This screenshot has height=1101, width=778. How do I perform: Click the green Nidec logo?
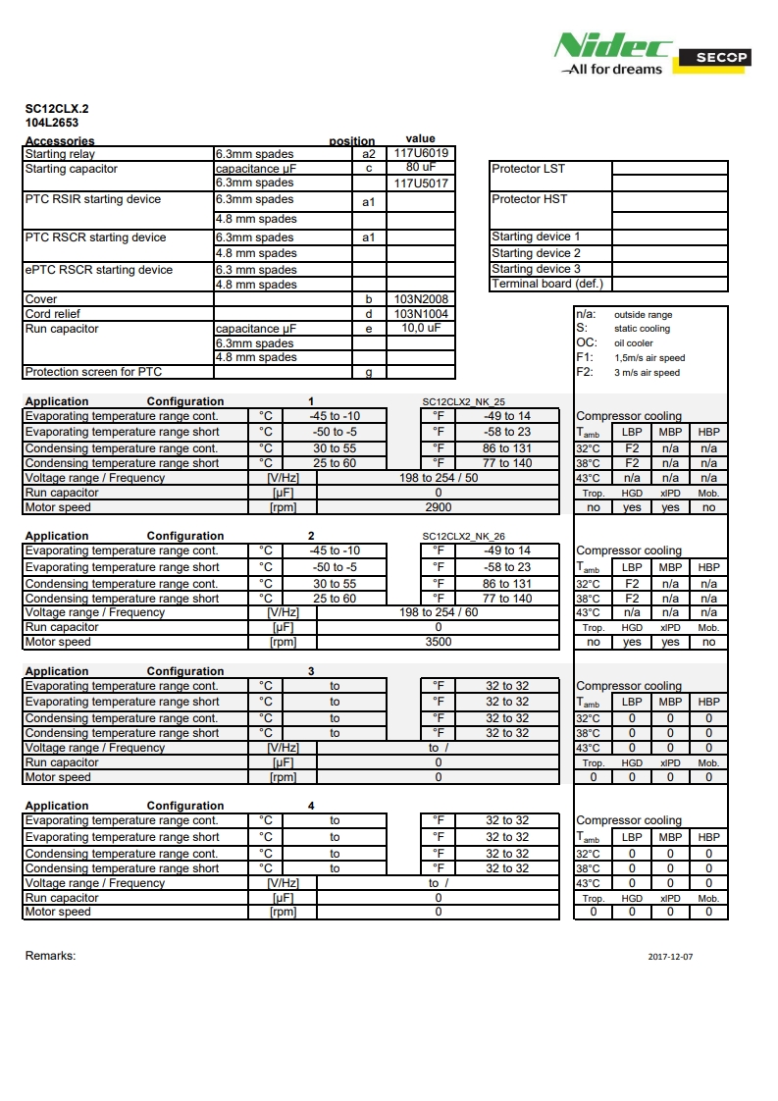(613, 46)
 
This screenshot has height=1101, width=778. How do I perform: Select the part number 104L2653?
(52, 123)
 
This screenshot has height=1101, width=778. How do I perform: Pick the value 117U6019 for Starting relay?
(421, 153)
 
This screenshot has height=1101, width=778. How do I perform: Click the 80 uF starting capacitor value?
(421, 168)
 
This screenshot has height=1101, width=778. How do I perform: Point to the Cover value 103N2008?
(421, 298)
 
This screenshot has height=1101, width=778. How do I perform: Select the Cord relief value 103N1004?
(421, 314)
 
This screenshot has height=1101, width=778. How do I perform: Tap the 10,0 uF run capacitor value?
(421, 329)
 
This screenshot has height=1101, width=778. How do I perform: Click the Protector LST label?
(528, 169)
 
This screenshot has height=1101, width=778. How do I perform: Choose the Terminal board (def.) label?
(546, 284)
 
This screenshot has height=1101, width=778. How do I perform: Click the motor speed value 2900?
(438, 507)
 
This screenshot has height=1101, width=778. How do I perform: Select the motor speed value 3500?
(438, 642)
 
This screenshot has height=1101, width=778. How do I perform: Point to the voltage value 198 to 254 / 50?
(439, 478)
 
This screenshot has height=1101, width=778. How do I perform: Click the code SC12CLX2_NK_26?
(463, 537)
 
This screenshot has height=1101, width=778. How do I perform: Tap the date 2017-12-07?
(670, 956)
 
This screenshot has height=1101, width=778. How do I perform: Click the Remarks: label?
(50, 956)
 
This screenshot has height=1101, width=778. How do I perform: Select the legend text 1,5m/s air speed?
(649, 358)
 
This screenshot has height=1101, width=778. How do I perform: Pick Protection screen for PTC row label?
(93, 372)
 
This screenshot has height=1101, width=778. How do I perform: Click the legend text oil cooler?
(633, 343)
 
